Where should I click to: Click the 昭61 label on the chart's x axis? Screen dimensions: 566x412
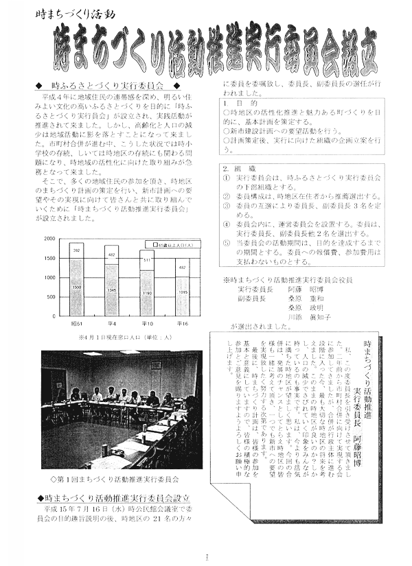(76, 322)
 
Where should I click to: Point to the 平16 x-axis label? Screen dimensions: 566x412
(183, 322)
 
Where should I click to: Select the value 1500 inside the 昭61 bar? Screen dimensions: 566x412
(76, 287)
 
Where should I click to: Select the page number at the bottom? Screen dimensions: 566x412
(205, 556)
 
